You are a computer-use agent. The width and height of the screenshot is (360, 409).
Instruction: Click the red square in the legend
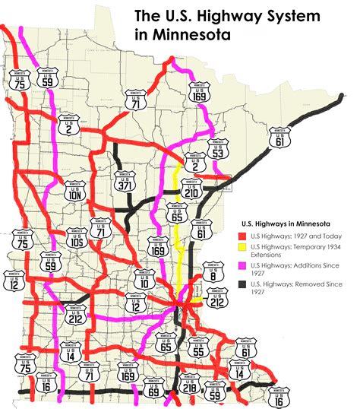(235, 237)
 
